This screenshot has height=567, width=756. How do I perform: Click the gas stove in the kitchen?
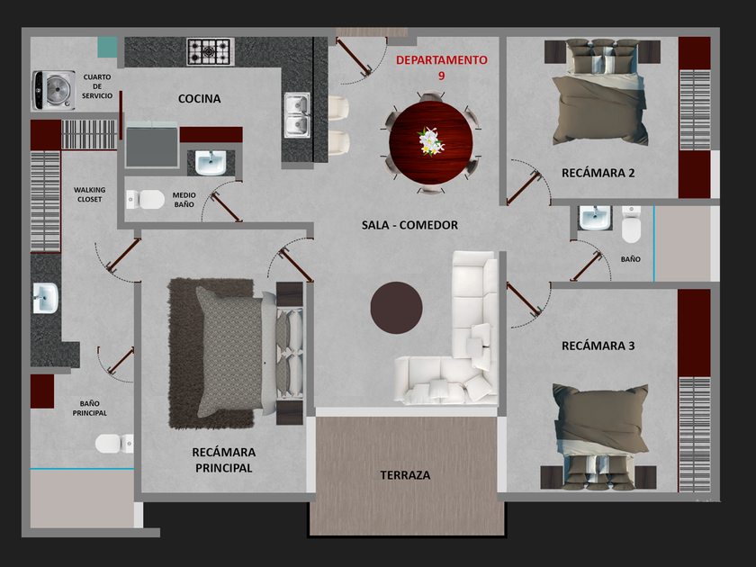[x=211, y=51]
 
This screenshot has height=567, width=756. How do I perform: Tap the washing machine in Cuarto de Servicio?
[x=53, y=90]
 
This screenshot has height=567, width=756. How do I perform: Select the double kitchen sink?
[x=297, y=115]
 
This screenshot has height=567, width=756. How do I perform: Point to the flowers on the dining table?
[x=430, y=142]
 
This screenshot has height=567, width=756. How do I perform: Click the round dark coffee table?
[x=396, y=308]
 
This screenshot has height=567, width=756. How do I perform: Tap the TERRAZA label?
[x=405, y=475]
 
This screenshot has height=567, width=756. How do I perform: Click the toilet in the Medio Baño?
[x=145, y=199]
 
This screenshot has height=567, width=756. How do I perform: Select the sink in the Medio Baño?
[x=211, y=163]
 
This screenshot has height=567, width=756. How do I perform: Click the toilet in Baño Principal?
[x=114, y=443]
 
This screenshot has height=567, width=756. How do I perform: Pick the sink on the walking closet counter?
[x=46, y=298]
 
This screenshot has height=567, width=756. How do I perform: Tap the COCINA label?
[x=199, y=99]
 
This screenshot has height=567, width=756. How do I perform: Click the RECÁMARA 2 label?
[x=598, y=173]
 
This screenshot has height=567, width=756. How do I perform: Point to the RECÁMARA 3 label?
[x=598, y=346]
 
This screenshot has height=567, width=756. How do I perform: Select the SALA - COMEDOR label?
[x=409, y=225]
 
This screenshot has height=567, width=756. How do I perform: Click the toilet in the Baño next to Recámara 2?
[x=631, y=224]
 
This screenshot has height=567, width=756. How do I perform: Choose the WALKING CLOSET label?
[x=90, y=194]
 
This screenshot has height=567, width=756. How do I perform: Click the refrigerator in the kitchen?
[x=151, y=145]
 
